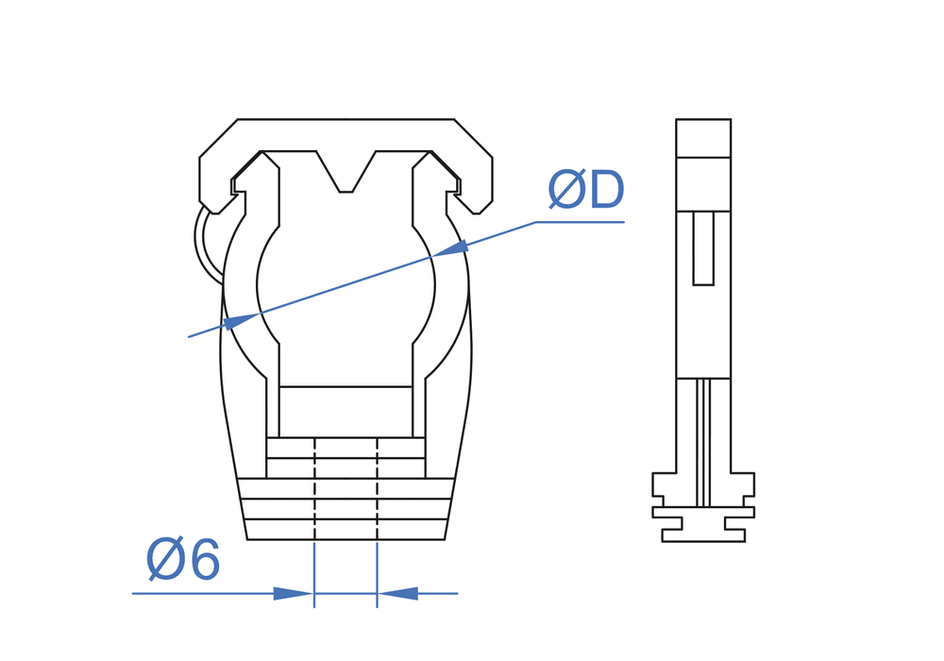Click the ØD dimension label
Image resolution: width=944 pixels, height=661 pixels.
[586, 190]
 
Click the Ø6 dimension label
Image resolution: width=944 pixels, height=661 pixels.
[183, 560]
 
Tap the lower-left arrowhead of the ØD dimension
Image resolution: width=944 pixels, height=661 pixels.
[241, 321]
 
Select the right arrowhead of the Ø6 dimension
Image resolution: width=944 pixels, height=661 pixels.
[398, 594]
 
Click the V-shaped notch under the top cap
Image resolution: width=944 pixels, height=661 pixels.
[346, 172]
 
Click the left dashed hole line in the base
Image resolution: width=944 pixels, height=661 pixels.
[315, 488]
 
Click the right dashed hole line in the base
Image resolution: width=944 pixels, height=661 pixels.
[377, 488]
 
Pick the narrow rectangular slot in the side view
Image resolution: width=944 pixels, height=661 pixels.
[703, 248]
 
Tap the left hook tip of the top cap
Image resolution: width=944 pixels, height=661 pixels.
[214, 212]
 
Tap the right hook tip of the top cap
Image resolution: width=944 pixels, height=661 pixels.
[479, 212]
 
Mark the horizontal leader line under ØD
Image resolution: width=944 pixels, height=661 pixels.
[580, 222]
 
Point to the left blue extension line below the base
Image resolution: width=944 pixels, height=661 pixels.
[314, 574]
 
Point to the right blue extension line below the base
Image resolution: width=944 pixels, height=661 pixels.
[377, 574]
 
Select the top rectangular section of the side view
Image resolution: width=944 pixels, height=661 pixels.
[703, 139]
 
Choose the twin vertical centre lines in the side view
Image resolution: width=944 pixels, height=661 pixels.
[703, 443]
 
